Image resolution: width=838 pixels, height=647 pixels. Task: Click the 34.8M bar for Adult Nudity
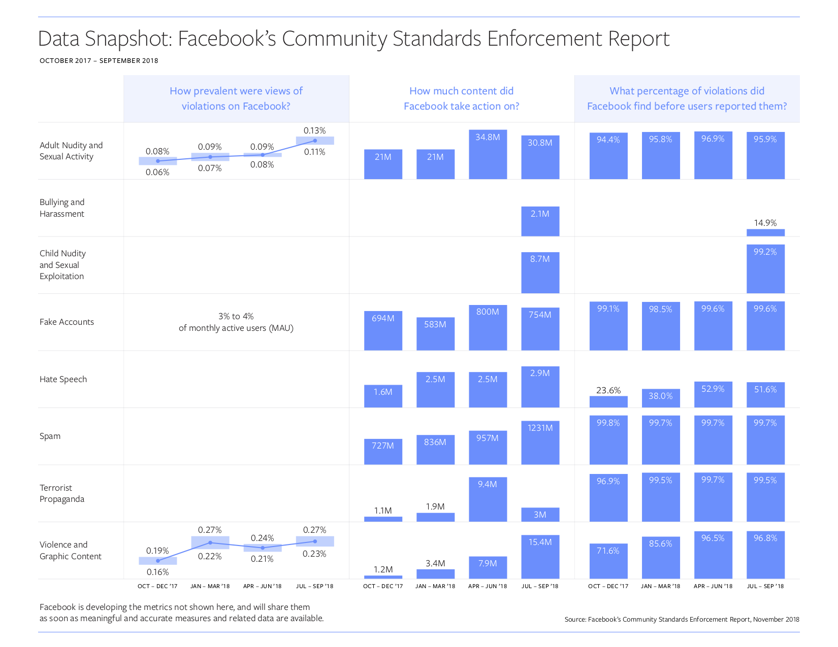click(x=488, y=155)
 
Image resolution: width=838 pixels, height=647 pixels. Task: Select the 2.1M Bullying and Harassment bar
click(x=540, y=221)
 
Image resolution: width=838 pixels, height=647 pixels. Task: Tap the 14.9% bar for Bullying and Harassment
click(x=765, y=233)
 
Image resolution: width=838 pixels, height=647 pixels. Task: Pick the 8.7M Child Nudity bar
click(x=540, y=273)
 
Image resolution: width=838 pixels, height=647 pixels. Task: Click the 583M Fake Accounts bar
click(x=435, y=334)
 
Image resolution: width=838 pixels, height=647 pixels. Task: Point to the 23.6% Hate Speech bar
click(x=608, y=402)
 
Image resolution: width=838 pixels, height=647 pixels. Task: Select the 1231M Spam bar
click(x=540, y=442)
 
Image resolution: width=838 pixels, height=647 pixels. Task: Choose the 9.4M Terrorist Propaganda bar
click(x=488, y=499)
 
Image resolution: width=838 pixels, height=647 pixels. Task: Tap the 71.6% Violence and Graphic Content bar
click(x=608, y=561)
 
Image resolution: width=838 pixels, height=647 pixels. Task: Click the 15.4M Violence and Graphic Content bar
click(x=540, y=557)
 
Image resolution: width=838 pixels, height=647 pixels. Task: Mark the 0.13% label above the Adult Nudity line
click(x=315, y=131)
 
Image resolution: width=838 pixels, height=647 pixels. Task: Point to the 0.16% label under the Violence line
click(x=158, y=572)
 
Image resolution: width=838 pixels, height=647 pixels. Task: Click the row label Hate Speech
click(x=63, y=380)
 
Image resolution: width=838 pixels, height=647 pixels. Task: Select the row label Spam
click(x=50, y=436)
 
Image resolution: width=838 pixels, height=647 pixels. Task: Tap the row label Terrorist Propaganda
click(x=62, y=493)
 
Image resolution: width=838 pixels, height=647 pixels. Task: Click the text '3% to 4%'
click(x=236, y=317)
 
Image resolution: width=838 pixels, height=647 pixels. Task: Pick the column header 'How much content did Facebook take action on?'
click(x=461, y=98)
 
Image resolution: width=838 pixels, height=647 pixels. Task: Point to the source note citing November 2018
click(x=682, y=620)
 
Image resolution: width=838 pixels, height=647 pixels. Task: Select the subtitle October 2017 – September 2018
click(x=99, y=61)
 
